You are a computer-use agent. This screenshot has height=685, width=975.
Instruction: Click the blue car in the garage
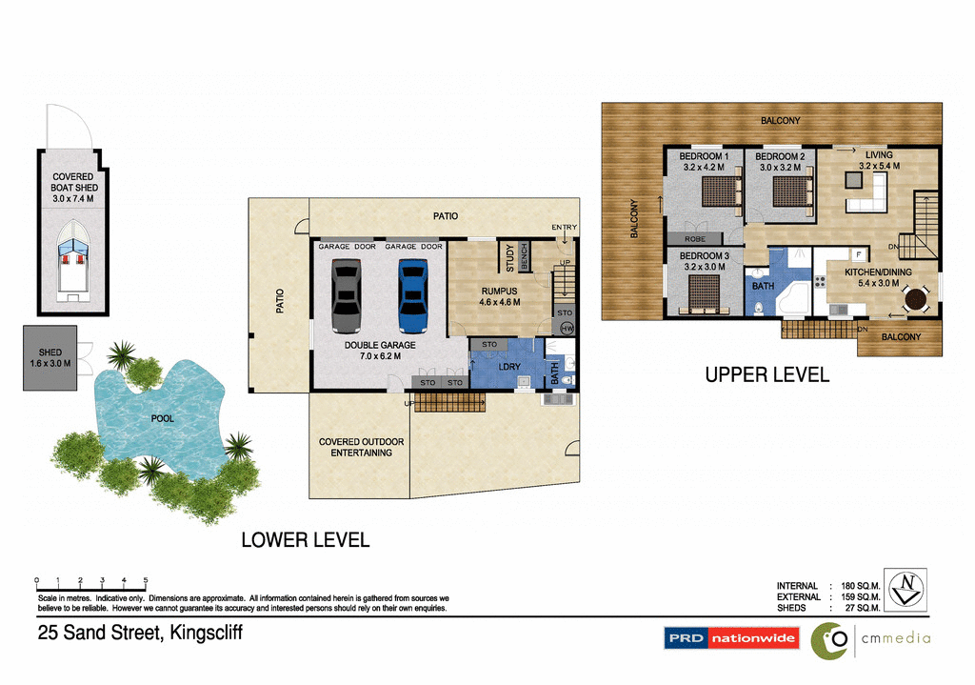pos(413,295)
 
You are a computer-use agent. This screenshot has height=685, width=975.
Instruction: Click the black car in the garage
pos(347,295)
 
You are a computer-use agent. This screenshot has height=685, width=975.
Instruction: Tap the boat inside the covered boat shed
pos(72,255)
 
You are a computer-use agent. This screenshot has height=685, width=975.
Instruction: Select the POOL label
pos(163,418)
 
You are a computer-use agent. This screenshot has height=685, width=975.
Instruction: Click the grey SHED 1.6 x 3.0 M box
pos(50,357)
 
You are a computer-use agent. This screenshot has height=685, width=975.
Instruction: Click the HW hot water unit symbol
pos(567,328)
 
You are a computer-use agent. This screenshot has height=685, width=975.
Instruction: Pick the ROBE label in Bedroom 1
pos(695,239)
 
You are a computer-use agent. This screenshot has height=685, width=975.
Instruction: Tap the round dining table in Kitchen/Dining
pos(916,299)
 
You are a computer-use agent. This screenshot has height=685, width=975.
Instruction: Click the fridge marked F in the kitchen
pos(858,255)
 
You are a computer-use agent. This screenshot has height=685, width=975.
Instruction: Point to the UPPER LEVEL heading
pos(766,375)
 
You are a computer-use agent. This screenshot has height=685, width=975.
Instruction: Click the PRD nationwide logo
pos(731,638)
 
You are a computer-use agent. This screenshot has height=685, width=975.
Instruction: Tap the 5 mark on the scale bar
pos(146,580)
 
